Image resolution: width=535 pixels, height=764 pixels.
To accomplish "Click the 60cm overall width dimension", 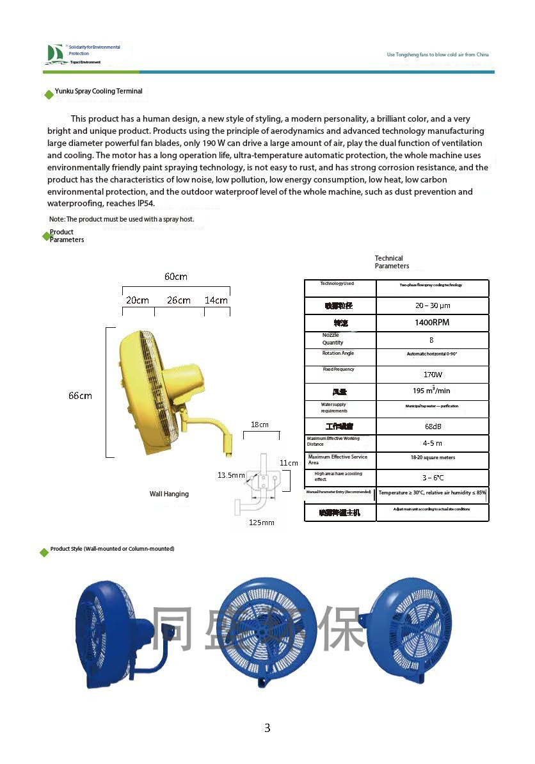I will click(x=176, y=277).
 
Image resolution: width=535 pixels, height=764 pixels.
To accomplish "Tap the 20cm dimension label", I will click(x=138, y=300).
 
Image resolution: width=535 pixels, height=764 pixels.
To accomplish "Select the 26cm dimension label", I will click(x=179, y=300).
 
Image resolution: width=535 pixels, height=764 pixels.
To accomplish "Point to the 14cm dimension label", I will click(x=216, y=300).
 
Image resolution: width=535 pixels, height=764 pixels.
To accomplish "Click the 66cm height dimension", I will click(x=81, y=396).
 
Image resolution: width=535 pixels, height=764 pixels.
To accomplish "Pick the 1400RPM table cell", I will click(x=432, y=323).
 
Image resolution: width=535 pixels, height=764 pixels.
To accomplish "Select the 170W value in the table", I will click(x=433, y=374).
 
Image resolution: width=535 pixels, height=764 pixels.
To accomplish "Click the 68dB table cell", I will click(x=433, y=427).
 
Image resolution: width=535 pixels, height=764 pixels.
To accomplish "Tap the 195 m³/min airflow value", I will click(x=431, y=391).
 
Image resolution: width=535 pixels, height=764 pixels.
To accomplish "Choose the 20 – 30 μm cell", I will click(x=433, y=305).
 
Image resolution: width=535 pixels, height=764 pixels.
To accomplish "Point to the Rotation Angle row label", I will click(x=338, y=354).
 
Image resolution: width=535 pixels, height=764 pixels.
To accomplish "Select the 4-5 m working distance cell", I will click(x=433, y=443).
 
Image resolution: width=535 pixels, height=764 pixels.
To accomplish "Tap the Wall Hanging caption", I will click(x=169, y=494).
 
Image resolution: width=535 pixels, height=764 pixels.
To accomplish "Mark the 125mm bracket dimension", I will click(x=261, y=523).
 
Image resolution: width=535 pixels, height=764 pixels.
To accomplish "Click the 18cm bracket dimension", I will click(x=260, y=425).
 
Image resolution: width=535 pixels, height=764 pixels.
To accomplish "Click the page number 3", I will click(x=267, y=727).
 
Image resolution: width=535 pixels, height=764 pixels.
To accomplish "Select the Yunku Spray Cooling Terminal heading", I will click(x=99, y=92).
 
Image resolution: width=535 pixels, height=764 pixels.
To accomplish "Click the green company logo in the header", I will click(x=54, y=54).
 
